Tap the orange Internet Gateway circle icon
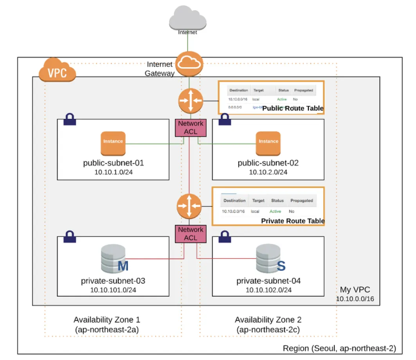pyautogui.click(x=189, y=64)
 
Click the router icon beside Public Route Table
pyautogui.click(x=190, y=100)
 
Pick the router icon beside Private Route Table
pyautogui.click(x=189, y=206)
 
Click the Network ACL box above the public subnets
pyautogui.click(x=191, y=128)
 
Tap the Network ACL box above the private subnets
pyautogui.click(x=191, y=234)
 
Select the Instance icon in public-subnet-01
pyautogui.click(x=113, y=143)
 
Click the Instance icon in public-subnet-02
pyautogui.click(x=268, y=143)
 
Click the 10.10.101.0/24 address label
pyautogui.click(x=113, y=290)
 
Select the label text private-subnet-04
pyautogui.click(x=268, y=281)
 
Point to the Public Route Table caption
pyautogui.click(x=293, y=108)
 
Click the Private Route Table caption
pyautogui.click(x=293, y=221)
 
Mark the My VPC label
pyautogui.click(x=355, y=290)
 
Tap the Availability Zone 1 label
pyautogui.click(x=107, y=320)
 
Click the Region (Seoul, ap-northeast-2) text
pyautogui.click(x=339, y=348)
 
